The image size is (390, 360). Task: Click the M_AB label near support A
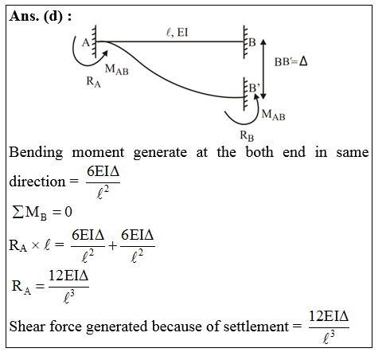[x=116, y=70]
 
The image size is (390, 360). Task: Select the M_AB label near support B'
[x=272, y=115]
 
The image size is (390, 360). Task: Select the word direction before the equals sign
[x=36, y=182]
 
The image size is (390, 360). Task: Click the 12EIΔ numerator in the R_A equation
[x=67, y=277]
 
